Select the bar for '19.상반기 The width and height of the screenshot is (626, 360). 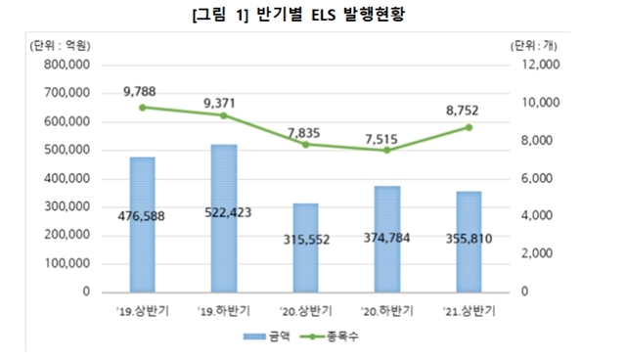(x=143, y=225)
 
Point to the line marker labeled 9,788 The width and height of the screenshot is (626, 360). (x=143, y=108)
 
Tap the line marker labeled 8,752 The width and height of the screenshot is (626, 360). (x=469, y=127)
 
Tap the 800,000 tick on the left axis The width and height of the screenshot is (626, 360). (x=67, y=66)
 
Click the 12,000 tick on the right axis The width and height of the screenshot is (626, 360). (x=536, y=66)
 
